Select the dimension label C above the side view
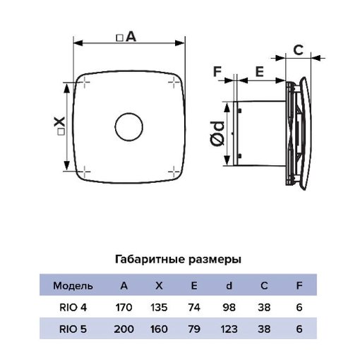299,50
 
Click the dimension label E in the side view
259,72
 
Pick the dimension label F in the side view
217,71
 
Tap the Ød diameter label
217,133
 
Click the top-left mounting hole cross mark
85,83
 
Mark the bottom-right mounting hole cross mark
174,172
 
